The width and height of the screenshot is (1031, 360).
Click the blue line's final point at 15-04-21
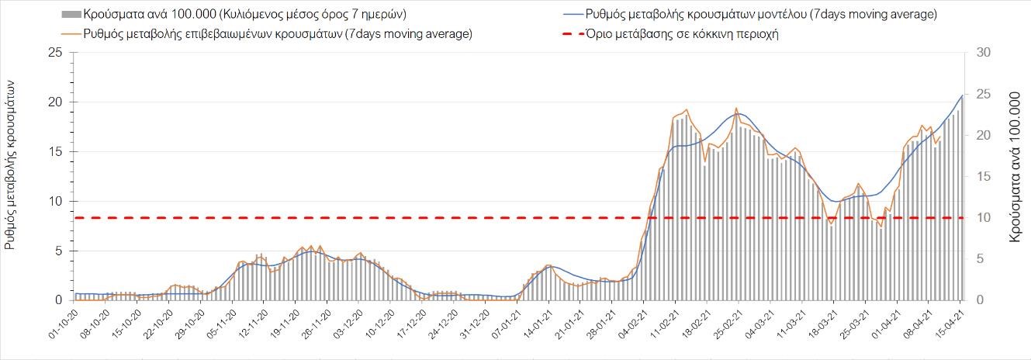tap(962, 95)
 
